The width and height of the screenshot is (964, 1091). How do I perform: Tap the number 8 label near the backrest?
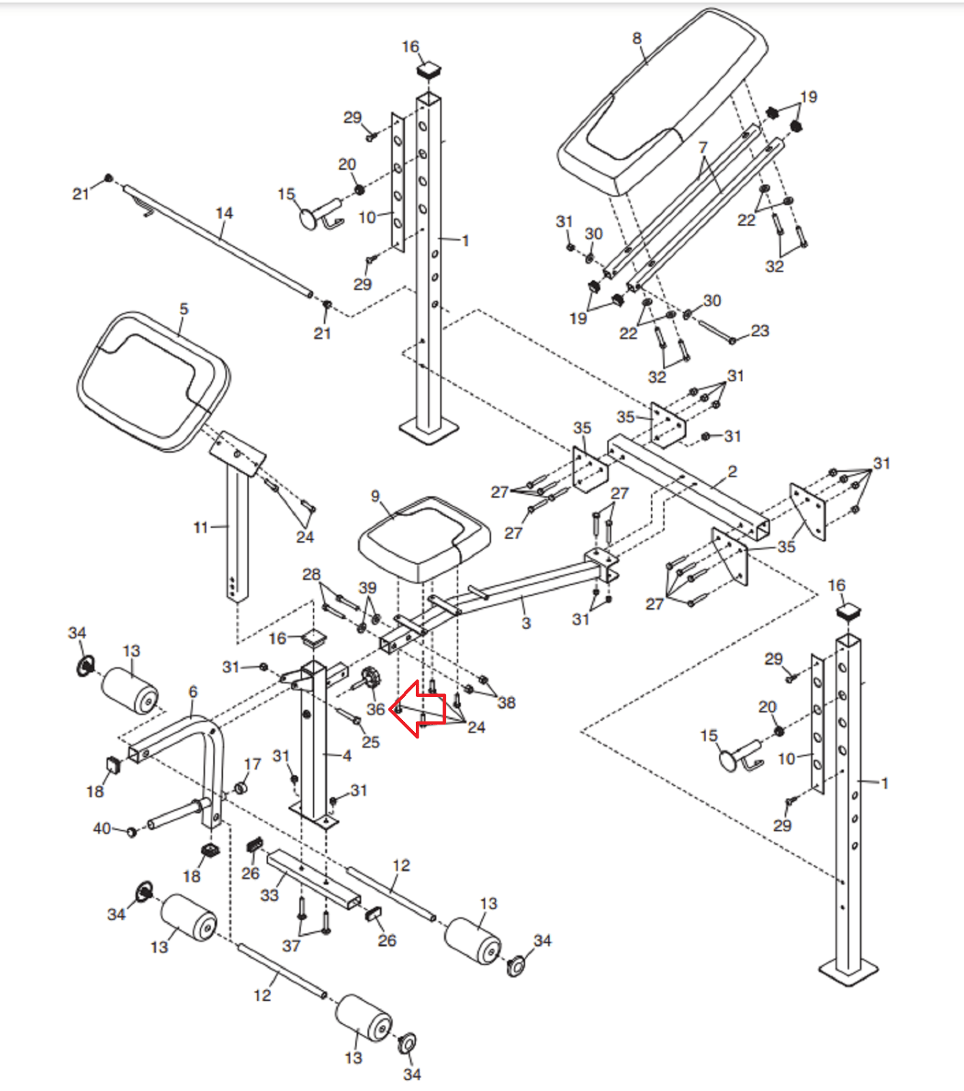pyautogui.click(x=637, y=39)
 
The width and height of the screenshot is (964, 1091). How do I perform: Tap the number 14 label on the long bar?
pyautogui.click(x=224, y=213)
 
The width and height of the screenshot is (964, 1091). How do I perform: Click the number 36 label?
pyautogui.click(x=376, y=709)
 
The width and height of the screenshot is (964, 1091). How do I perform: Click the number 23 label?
pyautogui.click(x=760, y=331)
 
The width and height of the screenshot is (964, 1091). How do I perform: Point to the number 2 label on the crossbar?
pyautogui.click(x=732, y=472)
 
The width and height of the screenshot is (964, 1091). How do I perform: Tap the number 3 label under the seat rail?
pyautogui.click(x=526, y=623)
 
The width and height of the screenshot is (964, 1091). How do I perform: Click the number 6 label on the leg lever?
pyautogui.click(x=193, y=692)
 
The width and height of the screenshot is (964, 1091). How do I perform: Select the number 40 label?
pyautogui.click(x=102, y=828)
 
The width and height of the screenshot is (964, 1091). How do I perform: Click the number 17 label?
pyautogui.click(x=252, y=764)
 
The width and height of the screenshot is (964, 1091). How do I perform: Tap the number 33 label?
pyautogui.click(x=269, y=895)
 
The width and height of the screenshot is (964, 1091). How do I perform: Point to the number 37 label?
pyautogui.click(x=291, y=946)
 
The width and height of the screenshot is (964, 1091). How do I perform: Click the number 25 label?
pyautogui.click(x=370, y=742)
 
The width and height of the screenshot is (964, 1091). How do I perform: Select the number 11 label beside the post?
pyautogui.click(x=200, y=527)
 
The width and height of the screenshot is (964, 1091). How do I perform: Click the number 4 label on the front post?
pyautogui.click(x=347, y=756)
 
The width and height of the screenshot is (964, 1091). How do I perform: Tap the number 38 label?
pyautogui.click(x=507, y=702)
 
